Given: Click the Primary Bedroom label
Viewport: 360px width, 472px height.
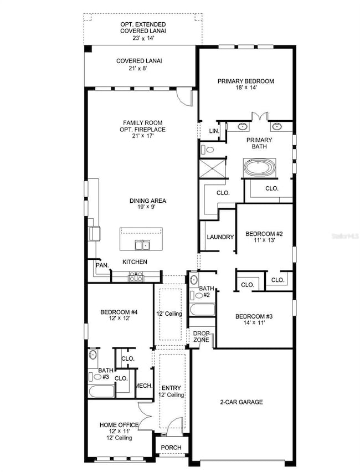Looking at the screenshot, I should [245, 81].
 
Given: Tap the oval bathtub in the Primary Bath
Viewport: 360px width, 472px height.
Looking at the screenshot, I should [260, 168].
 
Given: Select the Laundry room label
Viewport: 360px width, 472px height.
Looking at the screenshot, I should [220, 237].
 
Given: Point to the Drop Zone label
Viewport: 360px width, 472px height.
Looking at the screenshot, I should [201, 336].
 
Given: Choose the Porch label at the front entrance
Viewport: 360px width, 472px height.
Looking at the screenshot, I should [171, 448].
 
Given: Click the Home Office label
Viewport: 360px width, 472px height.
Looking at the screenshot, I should [119, 425].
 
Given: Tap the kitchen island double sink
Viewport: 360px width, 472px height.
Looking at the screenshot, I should [141, 245].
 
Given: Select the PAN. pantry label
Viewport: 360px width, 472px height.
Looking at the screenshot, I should [102, 266].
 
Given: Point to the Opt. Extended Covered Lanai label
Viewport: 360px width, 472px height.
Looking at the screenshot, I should [135, 28].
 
